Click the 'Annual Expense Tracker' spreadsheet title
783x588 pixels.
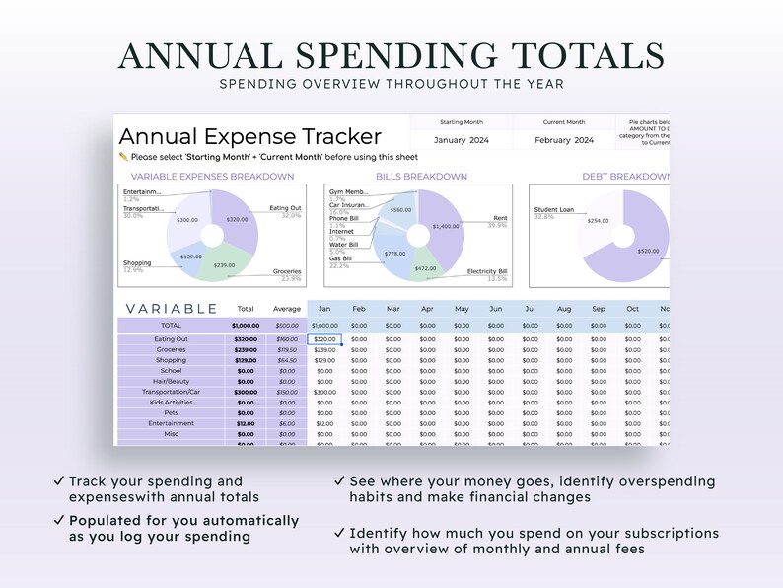coord(249,136)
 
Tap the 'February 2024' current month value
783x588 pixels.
coord(563,140)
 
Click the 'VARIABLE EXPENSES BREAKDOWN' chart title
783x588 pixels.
coord(212,177)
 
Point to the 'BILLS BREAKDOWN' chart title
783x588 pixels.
coord(421,177)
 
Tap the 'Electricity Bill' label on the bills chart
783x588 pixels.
coord(487,271)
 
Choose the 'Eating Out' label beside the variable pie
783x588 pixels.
coord(285,208)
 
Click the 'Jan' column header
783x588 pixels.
coord(324,309)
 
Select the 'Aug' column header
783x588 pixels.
coord(564,309)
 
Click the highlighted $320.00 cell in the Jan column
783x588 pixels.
coord(324,339)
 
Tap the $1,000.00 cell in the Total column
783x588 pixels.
coord(246,325)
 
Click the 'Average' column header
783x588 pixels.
coord(287,309)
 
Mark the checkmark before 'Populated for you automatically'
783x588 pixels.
coord(60,520)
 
